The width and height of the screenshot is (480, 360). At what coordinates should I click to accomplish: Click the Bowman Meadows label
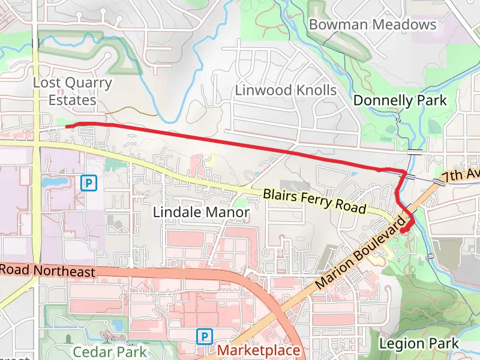[x=373, y=25]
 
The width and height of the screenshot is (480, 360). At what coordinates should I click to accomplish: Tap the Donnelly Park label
[x=400, y=100]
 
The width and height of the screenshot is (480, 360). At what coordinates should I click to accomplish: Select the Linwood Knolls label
[x=286, y=91]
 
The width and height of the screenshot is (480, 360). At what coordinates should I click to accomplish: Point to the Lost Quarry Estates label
[x=72, y=91]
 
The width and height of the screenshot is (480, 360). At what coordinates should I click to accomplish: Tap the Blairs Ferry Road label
[x=314, y=200]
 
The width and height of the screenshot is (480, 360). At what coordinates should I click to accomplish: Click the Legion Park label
[x=419, y=344]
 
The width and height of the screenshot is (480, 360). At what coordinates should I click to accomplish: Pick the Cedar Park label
[x=109, y=350]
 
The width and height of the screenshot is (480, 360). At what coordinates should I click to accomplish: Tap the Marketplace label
[x=259, y=350]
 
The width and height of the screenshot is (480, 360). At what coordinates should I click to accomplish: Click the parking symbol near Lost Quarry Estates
[x=89, y=182]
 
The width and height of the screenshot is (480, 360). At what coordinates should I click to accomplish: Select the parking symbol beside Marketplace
[x=205, y=336]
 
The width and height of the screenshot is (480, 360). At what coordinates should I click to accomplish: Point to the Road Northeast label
[x=47, y=271]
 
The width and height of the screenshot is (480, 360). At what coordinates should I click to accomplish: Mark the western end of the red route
[x=66, y=125]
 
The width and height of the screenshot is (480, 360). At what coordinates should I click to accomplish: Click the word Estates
[x=72, y=100]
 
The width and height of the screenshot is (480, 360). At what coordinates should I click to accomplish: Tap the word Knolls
[x=312, y=91]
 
